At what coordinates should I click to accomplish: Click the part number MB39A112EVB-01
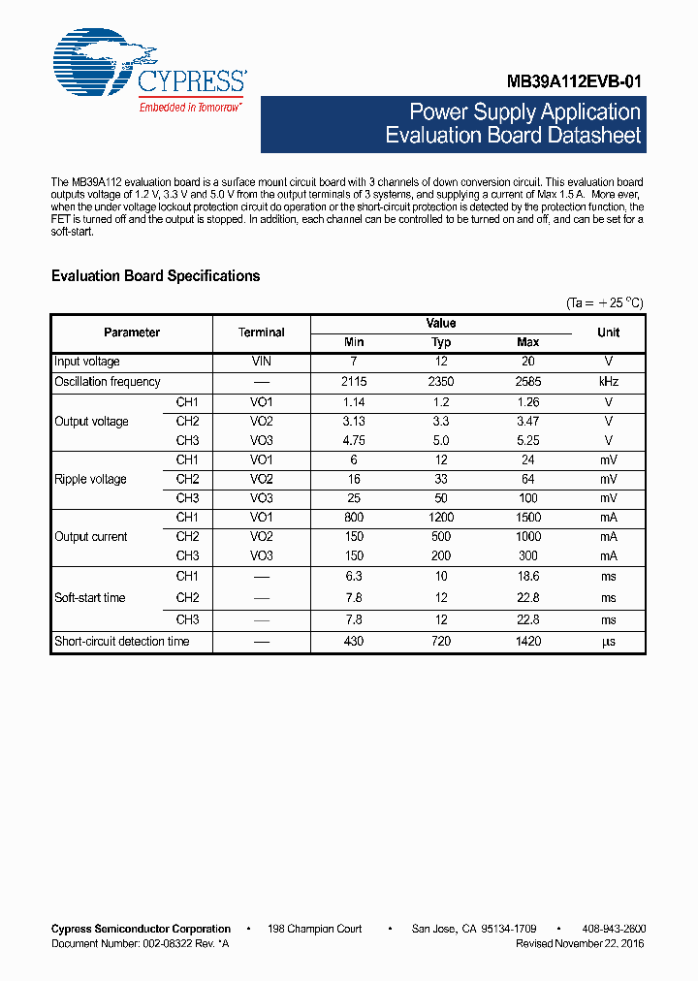pyautogui.click(x=574, y=83)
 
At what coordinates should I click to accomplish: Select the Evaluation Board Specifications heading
pyautogui.click(x=155, y=276)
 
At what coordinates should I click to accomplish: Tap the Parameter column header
pyautogui.click(x=132, y=332)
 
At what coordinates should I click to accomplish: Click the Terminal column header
pyautogui.click(x=262, y=332)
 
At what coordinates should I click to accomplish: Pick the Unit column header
pyautogui.click(x=609, y=332)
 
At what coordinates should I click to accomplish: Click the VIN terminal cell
pyautogui.click(x=262, y=362)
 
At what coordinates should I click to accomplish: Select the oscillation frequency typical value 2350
pyautogui.click(x=441, y=382)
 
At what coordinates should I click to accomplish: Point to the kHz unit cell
pyautogui.click(x=609, y=382)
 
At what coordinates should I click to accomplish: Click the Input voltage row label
pyautogui.click(x=87, y=362)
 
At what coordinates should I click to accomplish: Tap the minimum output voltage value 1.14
pyautogui.click(x=354, y=401)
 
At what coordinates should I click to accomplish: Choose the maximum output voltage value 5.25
pyautogui.click(x=528, y=440)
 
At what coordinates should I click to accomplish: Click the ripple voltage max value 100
pyautogui.click(x=528, y=498)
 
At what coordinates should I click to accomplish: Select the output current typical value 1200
pyautogui.click(x=441, y=518)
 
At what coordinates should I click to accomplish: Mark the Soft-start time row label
pyautogui.click(x=90, y=598)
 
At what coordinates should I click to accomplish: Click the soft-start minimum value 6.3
pyautogui.click(x=354, y=576)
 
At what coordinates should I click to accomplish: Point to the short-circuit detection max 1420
pyautogui.click(x=528, y=642)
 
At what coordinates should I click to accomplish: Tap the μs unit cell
pyautogui.click(x=609, y=642)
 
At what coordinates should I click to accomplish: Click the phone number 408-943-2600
pyautogui.click(x=616, y=929)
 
